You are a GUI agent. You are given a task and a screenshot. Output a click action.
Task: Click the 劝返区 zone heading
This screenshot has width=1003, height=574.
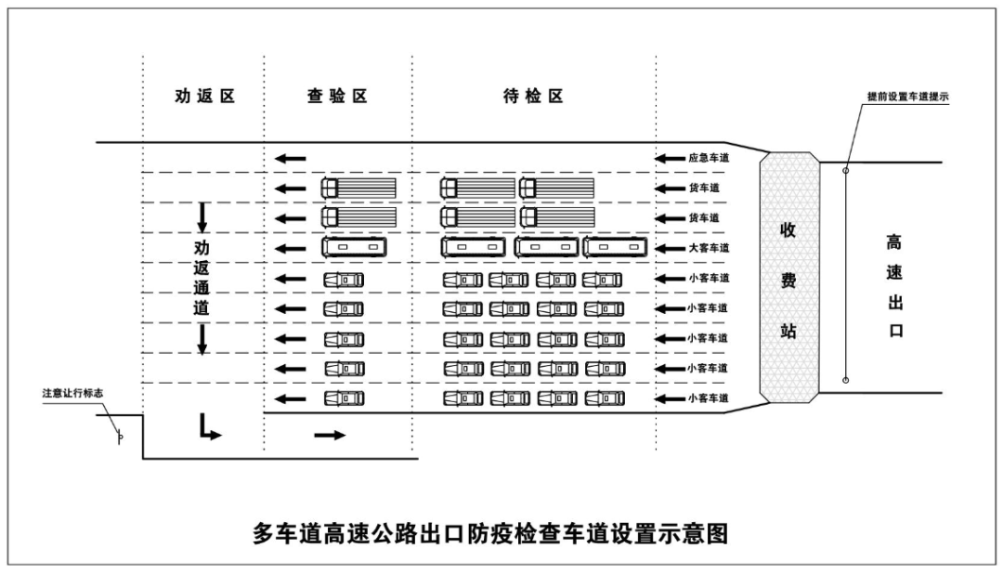[x=205, y=97]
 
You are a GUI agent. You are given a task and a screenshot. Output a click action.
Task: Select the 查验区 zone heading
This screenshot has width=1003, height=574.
[x=338, y=97]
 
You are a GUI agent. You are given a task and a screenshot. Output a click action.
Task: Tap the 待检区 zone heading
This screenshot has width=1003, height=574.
[x=534, y=97]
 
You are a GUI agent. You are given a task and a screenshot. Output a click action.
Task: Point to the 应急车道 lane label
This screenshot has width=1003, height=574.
[x=709, y=159]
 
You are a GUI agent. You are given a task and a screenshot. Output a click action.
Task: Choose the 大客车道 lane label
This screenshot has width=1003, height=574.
[x=709, y=249]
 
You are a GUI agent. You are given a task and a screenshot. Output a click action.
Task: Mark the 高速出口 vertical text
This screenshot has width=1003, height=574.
[x=895, y=286]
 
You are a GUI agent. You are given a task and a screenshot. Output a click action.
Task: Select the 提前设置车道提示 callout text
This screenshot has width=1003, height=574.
[x=906, y=97]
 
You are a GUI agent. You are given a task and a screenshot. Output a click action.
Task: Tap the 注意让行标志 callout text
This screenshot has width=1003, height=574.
[x=72, y=393]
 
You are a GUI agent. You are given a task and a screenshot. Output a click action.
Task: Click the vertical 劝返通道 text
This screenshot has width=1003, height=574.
[x=202, y=279]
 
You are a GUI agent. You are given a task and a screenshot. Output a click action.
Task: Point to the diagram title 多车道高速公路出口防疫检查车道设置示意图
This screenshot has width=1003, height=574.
[x=489, y=534]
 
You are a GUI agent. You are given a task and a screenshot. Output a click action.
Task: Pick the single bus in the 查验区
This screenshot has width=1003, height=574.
[x=353, y=248]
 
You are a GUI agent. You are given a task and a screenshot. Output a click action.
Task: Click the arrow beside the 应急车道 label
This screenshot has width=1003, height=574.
[x=670, y=159]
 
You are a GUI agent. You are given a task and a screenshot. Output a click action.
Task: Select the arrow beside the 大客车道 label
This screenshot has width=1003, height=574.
[x=670, y=249]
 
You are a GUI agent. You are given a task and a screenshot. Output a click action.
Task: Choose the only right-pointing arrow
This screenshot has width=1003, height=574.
[x=330, y=435]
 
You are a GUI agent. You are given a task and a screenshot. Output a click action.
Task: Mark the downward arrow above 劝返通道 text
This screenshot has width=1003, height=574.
[x=202, y=217]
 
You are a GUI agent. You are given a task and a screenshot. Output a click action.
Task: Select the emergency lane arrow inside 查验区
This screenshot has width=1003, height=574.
[x=291, y=159]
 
